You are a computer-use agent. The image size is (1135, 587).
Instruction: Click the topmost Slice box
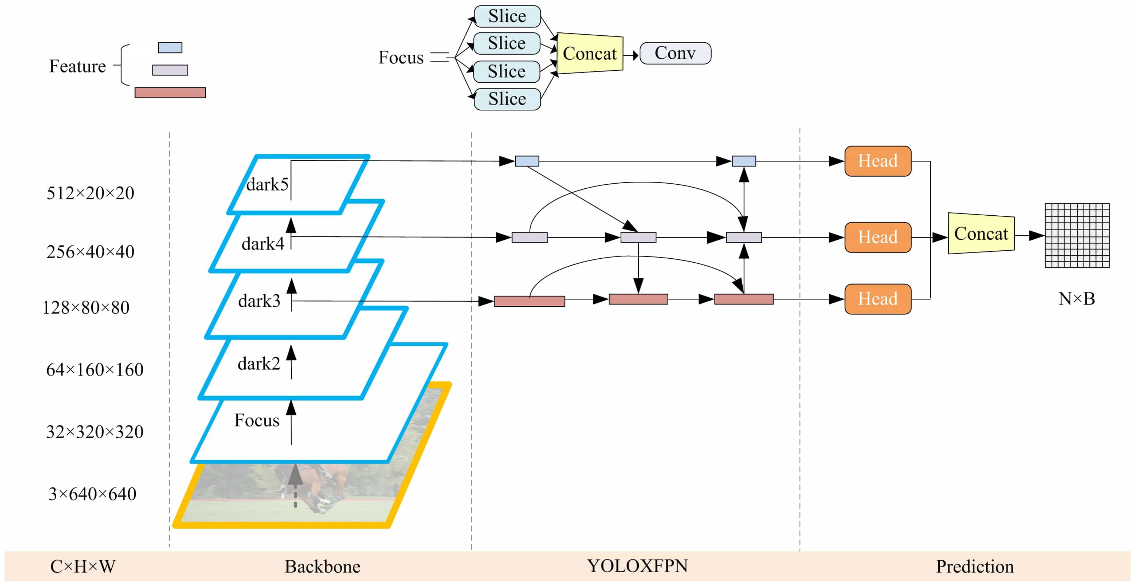(507, 16)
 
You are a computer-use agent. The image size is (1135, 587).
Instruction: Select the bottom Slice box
(507, 99)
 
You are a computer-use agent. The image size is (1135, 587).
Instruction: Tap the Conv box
(675, 53)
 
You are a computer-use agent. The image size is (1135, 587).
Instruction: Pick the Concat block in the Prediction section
(981, 234)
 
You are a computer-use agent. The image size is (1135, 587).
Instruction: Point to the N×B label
(1076, 299)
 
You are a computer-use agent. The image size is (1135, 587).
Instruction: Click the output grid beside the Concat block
(1077, 235)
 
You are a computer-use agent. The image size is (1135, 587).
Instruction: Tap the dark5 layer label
(267, 184)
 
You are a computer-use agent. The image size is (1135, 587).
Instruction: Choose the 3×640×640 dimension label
(92, 494)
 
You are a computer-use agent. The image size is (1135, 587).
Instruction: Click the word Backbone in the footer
(322, 567)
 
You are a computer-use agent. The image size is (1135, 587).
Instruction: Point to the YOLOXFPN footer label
(637, 566)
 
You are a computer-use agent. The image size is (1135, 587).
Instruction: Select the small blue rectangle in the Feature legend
(170, 48)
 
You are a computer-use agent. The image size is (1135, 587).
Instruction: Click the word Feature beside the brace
(77, 66)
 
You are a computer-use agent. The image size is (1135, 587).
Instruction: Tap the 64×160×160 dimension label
(95, 370)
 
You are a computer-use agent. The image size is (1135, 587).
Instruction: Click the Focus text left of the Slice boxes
(400, 58)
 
